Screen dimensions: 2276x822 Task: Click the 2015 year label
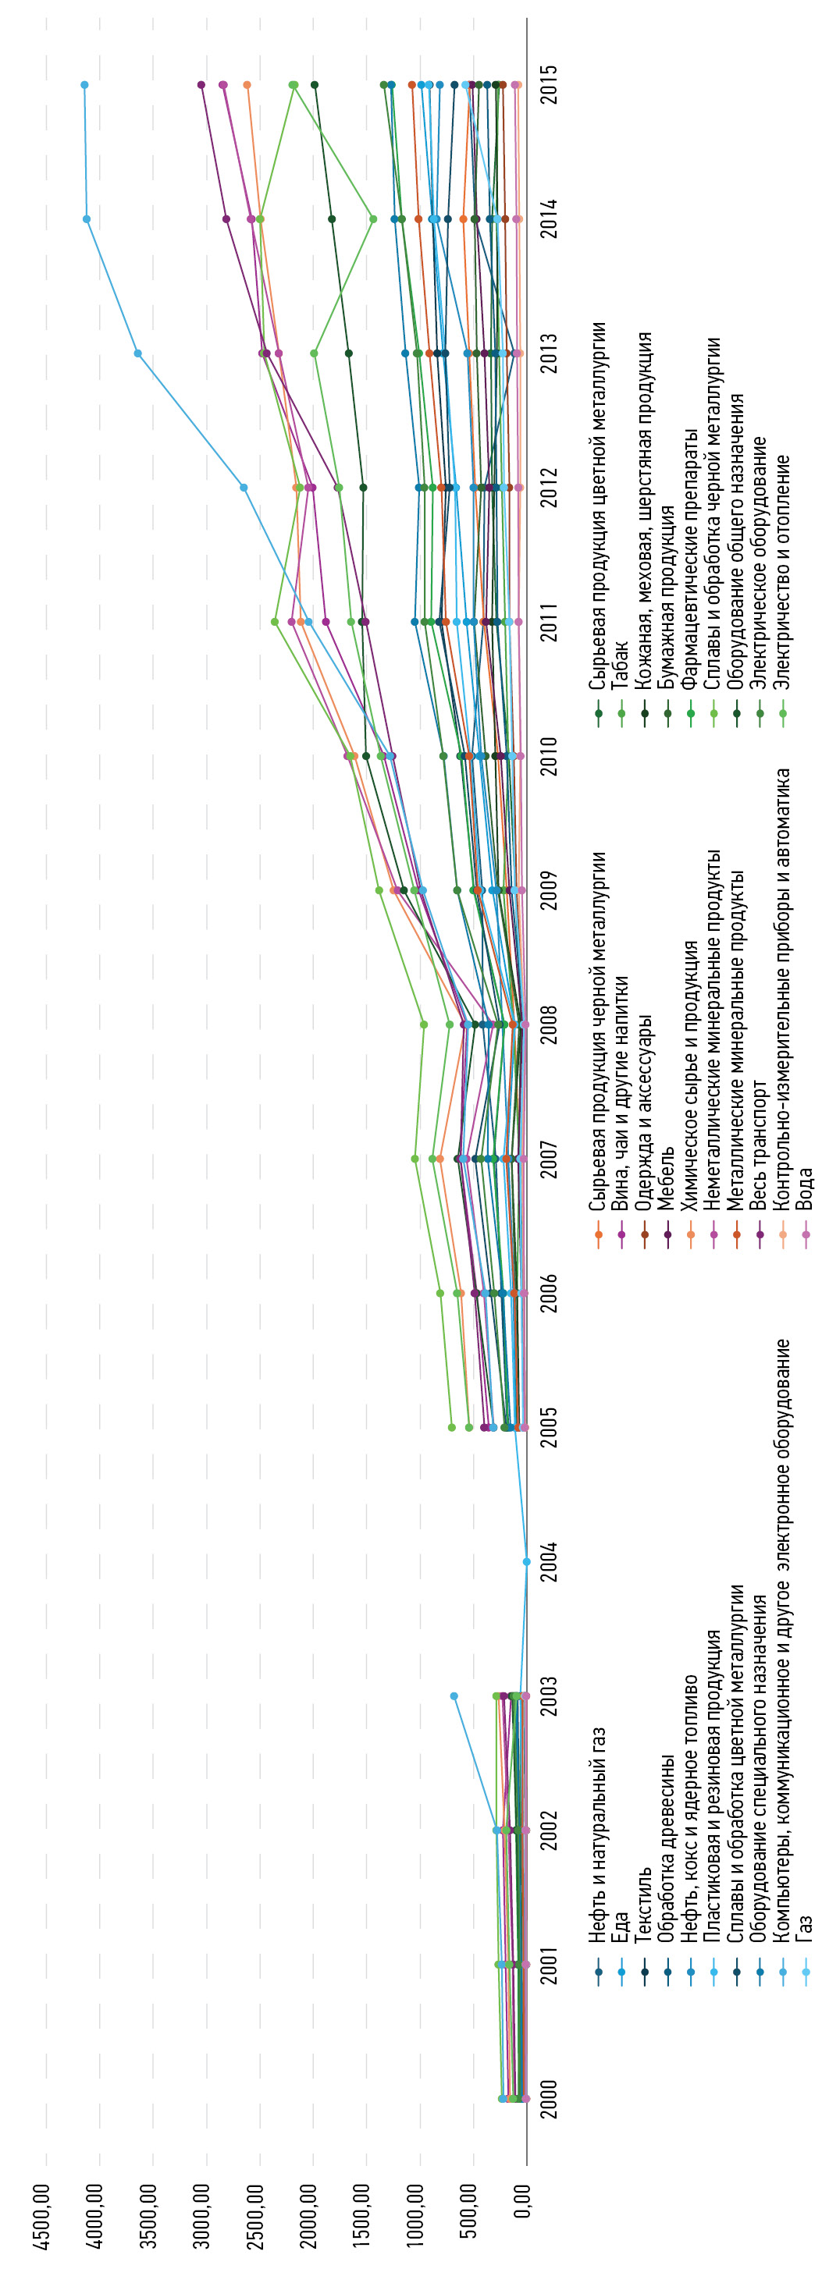(549, 85)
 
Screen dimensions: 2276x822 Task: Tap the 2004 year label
(549, 1562)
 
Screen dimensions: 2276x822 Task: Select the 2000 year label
(549, 2098)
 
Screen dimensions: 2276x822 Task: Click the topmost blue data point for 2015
(85, 85)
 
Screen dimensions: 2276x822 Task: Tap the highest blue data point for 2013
(138, 353)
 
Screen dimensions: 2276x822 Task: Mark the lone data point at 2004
(527, 1562)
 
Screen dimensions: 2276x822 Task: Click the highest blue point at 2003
(454, 1696)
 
